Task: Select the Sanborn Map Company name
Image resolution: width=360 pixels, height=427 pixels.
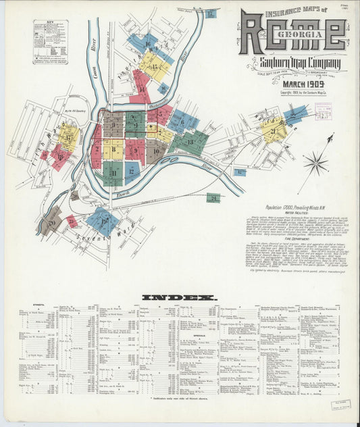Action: pyautogui.click(x=300, y=64)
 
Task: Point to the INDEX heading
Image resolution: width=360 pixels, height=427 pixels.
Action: pyautogui.click(x=180, y=297)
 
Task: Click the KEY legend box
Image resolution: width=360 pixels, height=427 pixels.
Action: pyautogui.click(x=51, y=41)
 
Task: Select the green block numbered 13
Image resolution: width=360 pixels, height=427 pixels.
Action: pyautogui.click(x=190, y=142)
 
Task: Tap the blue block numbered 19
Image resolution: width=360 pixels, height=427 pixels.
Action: pyautogui.click(x=103, y=220)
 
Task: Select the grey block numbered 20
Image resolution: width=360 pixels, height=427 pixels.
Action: pyautogui.click(x=51, y=221)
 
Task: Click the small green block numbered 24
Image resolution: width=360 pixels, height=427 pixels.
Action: pyautogui.click(x=213, y=198)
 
